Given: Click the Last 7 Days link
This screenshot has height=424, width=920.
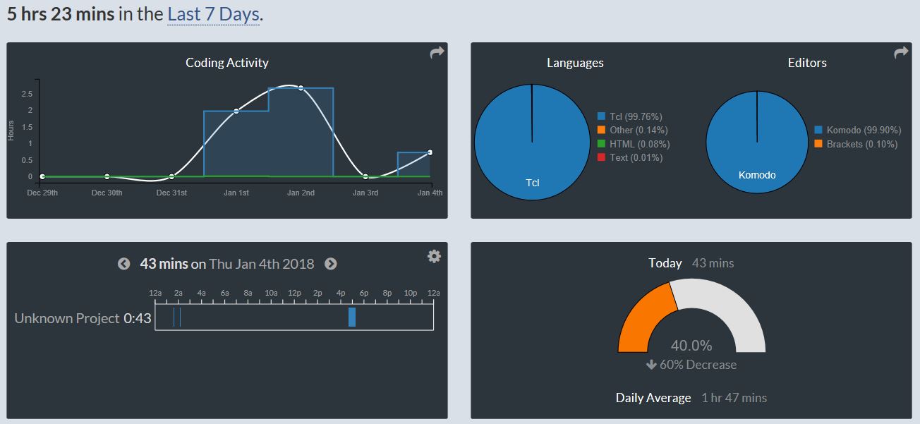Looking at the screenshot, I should coord(214,14).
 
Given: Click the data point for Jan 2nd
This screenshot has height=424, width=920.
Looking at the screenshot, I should coord(301,88).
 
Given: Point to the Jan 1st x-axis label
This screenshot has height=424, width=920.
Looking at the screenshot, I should coord(236,193).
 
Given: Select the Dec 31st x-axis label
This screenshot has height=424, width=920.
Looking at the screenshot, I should coord(171,193).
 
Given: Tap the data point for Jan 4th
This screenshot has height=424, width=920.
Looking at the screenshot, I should coord(430,152).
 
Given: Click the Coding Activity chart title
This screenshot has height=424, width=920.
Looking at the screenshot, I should coord(226,63).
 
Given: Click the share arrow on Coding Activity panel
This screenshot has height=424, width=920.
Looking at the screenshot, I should coord(437,53).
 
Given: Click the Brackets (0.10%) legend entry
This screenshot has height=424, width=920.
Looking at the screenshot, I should coord(856,144).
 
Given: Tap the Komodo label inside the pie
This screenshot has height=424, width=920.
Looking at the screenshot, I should coord(756,175).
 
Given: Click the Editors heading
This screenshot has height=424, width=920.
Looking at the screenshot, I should coord(807,63).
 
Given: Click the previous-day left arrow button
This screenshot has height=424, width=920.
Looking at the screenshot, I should coord(123,264).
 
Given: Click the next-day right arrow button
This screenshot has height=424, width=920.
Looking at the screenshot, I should coord(330,264).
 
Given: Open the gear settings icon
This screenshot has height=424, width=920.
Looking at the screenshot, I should coord(434,256).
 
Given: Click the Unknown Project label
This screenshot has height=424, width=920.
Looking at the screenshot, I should coord(67,318).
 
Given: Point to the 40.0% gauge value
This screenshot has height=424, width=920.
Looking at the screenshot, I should coord(691,346).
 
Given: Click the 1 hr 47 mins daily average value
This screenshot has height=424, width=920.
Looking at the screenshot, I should coord(734,398).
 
